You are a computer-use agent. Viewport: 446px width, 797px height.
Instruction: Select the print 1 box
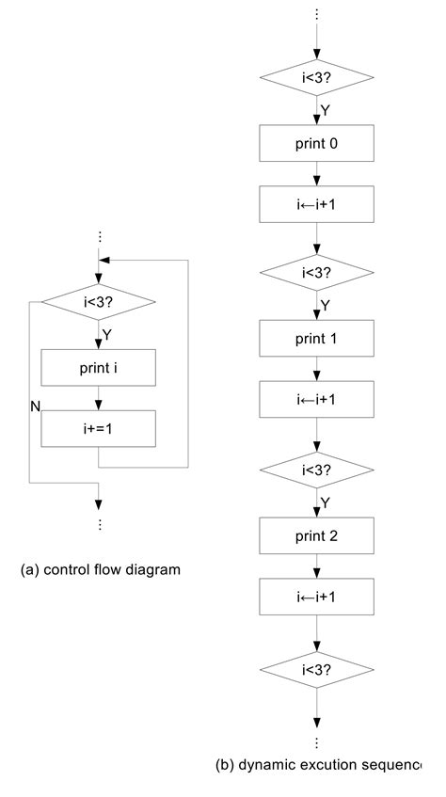pos(317,338)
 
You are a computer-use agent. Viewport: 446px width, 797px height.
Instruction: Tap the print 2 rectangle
pos(317,535)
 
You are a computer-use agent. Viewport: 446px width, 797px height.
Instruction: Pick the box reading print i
pos(99,369)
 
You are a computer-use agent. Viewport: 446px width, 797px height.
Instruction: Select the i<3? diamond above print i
pos(99,302)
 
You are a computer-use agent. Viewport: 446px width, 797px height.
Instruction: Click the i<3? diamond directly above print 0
pos(317,78)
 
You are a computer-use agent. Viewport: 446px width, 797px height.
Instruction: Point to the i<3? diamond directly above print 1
pos(317,273)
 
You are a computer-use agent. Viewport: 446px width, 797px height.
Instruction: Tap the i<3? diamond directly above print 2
pos(317,469)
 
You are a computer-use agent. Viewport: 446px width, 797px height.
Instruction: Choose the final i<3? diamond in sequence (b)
pos(317,670)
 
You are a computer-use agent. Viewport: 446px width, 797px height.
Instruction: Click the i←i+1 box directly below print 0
pos(317,204)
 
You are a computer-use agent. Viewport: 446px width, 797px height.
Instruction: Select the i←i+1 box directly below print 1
pos(317,399)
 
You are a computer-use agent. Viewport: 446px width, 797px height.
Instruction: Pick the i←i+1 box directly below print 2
pos(317,597)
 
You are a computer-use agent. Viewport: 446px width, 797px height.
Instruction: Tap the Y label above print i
pos(106,334)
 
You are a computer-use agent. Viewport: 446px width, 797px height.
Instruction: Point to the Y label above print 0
pos(326,110)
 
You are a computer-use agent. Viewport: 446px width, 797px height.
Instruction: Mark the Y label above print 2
pos(326,502)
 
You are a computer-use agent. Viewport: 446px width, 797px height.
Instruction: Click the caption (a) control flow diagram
pos(100,569)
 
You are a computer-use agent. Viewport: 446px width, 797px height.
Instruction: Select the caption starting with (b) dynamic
pos(318,765)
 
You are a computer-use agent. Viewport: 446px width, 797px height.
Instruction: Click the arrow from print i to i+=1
pos(99,398)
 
